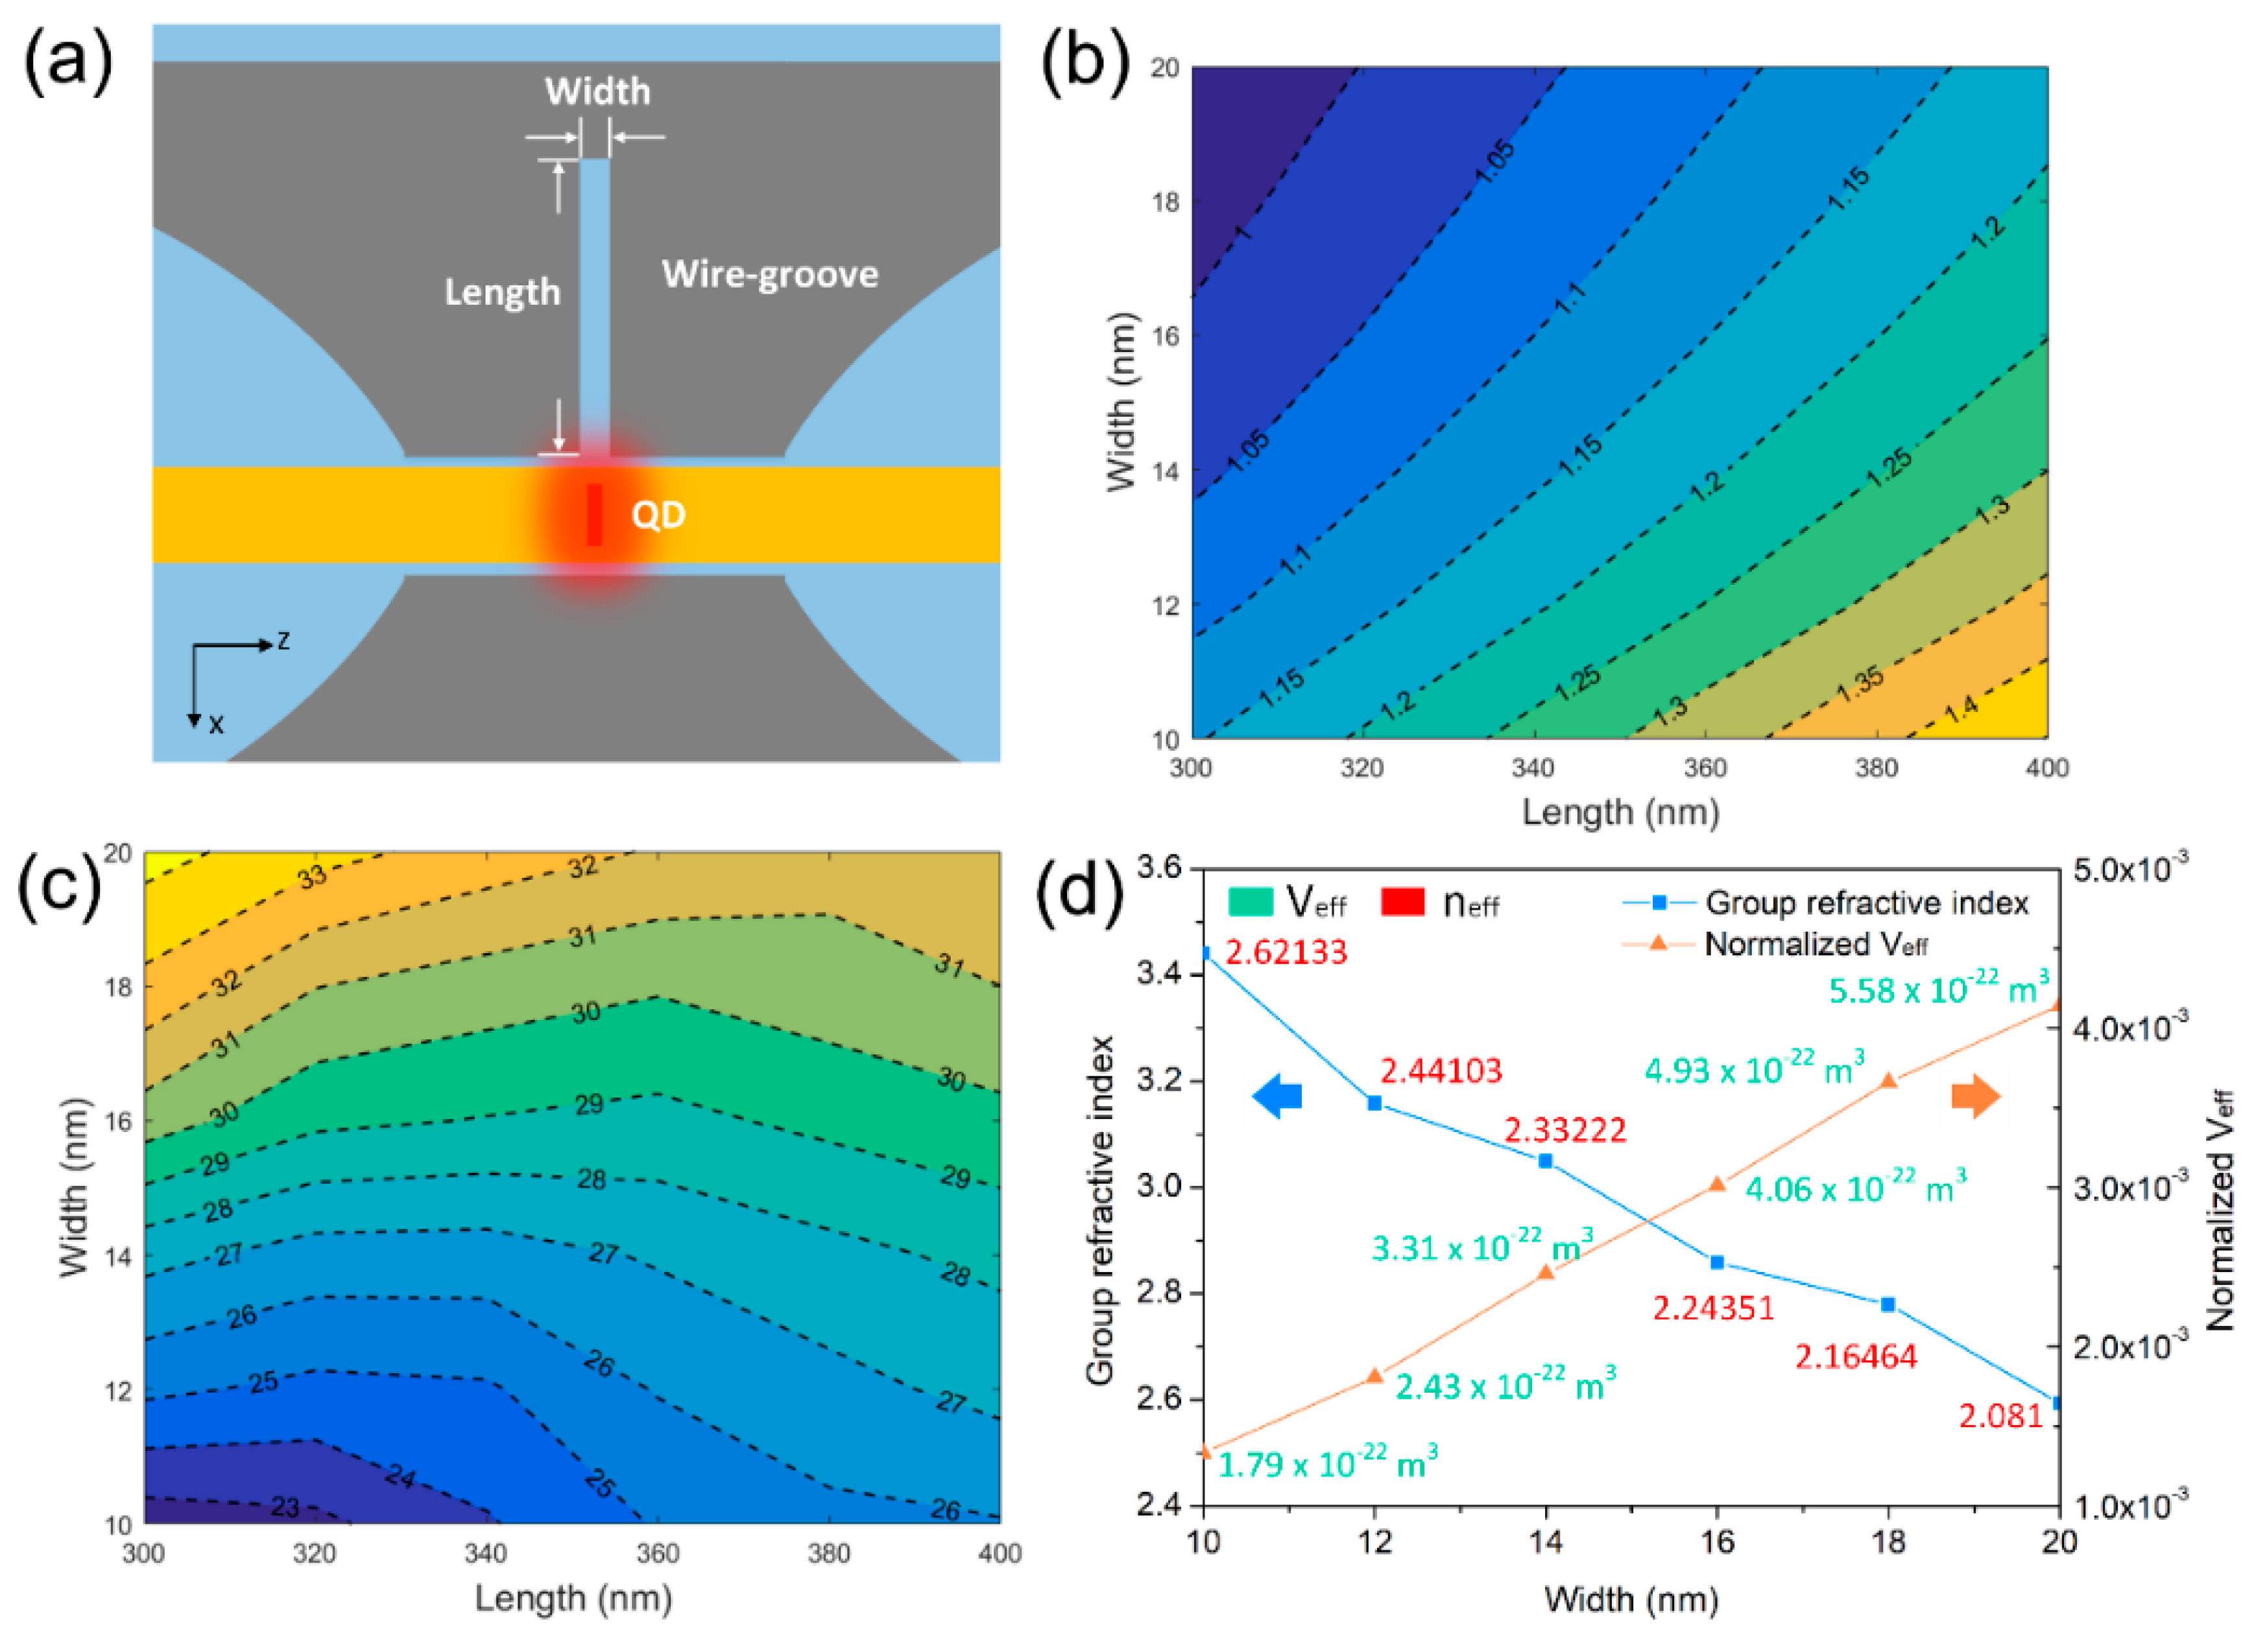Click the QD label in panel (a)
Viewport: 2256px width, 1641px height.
click(x=658, y=515)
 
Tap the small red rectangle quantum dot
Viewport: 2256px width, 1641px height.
click(x=595, y=514)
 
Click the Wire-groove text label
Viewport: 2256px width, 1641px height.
click(x=770, y=274)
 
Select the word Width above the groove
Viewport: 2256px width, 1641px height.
click(x=597, y=91)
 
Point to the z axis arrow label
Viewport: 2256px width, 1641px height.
click(x=283, y=641)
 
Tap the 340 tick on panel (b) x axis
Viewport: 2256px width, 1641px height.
click(x=1533, y=768)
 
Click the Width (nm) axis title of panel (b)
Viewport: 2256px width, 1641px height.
click(x=1121, y=402)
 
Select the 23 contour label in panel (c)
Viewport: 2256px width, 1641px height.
click(x=285, y=1507)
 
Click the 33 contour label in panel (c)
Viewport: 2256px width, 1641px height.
click(x=313, y=877)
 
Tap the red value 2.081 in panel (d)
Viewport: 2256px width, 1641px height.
click(x=2000, y=1415)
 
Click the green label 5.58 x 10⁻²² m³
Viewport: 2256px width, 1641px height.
click(x=1939, y=989)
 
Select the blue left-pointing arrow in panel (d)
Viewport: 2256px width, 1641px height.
click(x=1277, y=1097)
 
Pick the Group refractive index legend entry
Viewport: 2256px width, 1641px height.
click(x=1866, y=903)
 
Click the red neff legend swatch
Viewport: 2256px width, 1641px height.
click(x=1402, y=902)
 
